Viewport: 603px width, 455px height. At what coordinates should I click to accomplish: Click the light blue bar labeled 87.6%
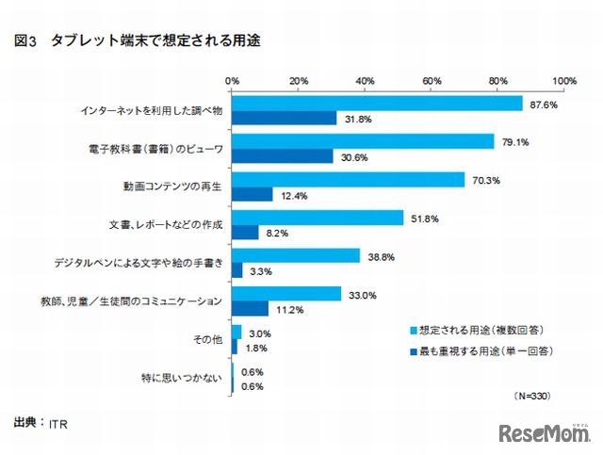click(377, 104)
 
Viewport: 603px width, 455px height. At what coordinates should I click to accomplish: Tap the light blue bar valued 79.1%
click(363, 141)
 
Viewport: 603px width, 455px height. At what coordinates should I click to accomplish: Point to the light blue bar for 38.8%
click(296, 255)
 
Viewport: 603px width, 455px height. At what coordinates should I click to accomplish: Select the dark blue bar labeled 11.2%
click(250, 308)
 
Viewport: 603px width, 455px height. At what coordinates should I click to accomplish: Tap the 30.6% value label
click(352, 157)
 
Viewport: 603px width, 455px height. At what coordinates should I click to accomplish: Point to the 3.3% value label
click(259, 270)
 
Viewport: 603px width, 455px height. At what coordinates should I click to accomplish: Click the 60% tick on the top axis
click(432, 81)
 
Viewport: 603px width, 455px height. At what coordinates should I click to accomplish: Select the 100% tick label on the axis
click(564, 81)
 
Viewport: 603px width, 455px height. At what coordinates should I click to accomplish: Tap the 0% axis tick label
click(232, 81)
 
